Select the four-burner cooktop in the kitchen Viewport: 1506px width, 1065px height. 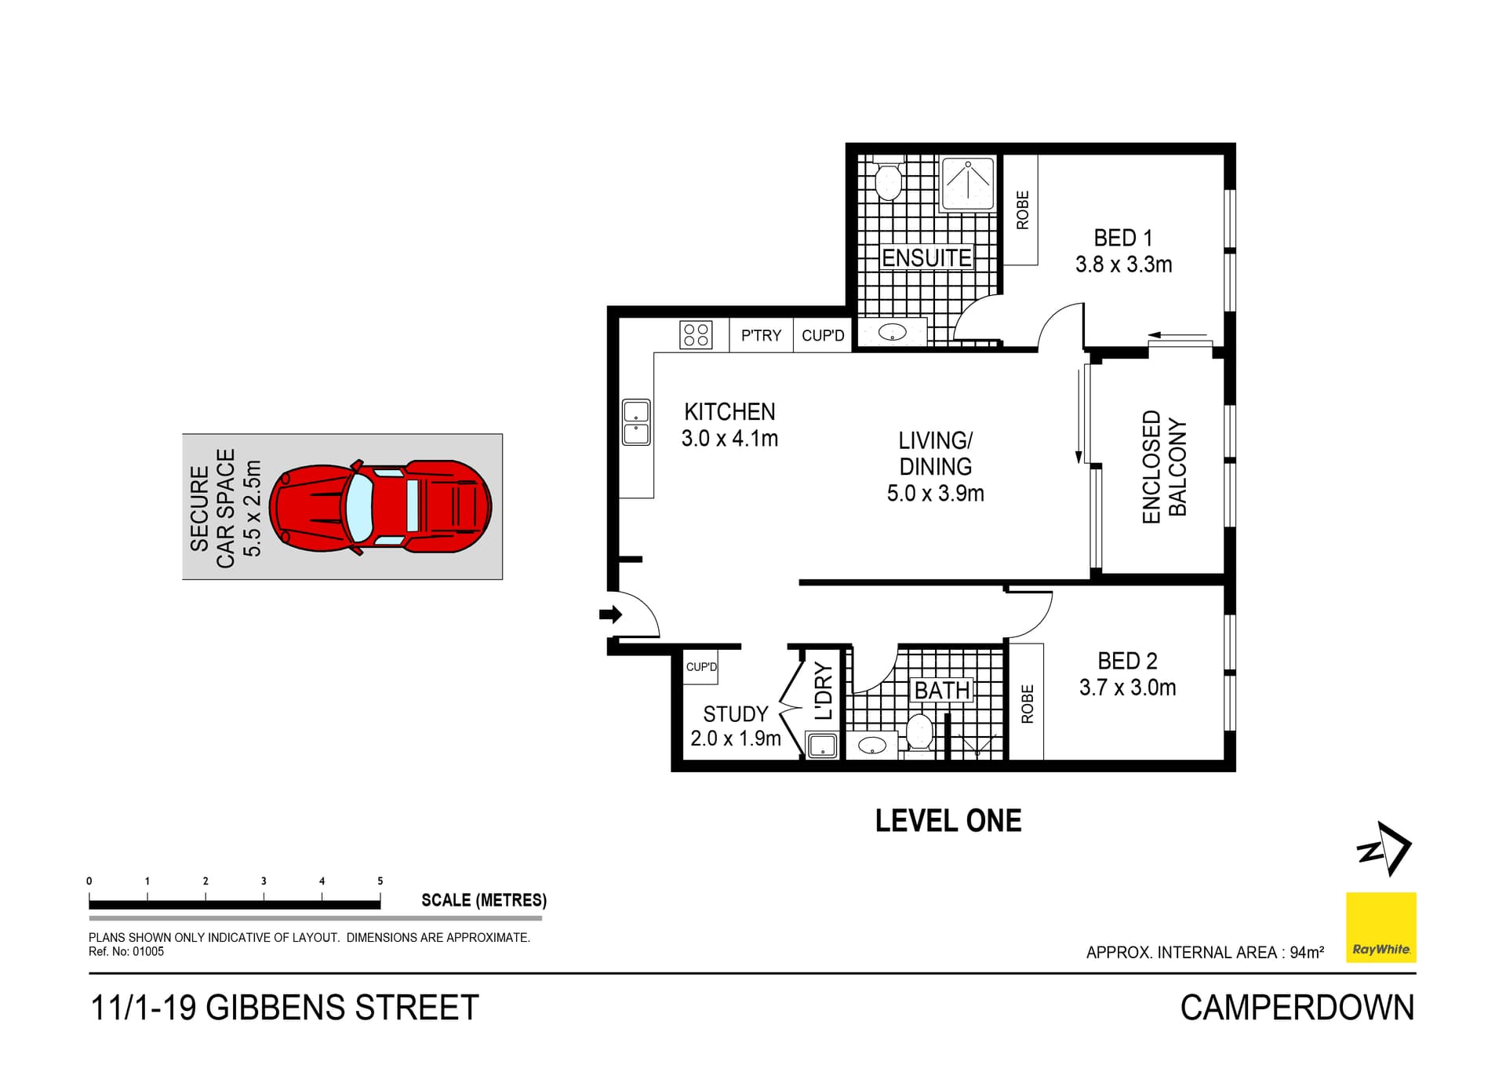(696, 335)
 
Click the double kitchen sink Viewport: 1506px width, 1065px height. (636, 423)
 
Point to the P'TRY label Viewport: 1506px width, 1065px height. (761, 336)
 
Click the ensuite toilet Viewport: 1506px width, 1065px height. (888, 181)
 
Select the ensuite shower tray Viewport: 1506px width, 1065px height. (968, 184)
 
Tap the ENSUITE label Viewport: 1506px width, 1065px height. (926, 258)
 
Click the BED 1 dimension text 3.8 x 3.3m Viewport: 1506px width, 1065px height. (1123, 265)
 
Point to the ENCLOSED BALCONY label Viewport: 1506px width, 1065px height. (1164, 466)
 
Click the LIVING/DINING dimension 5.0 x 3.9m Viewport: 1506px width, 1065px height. (935, 494)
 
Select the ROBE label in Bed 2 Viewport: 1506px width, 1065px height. (1027, 703)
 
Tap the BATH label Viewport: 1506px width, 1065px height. (941, 691)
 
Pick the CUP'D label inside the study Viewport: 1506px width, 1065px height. (701, 667)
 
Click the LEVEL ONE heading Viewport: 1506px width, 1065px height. (948, 821)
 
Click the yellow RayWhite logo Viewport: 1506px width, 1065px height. (1380, 928)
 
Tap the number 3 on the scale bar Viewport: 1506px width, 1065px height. (264, 881)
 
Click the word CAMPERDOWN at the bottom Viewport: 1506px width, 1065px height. (1297, 1008)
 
